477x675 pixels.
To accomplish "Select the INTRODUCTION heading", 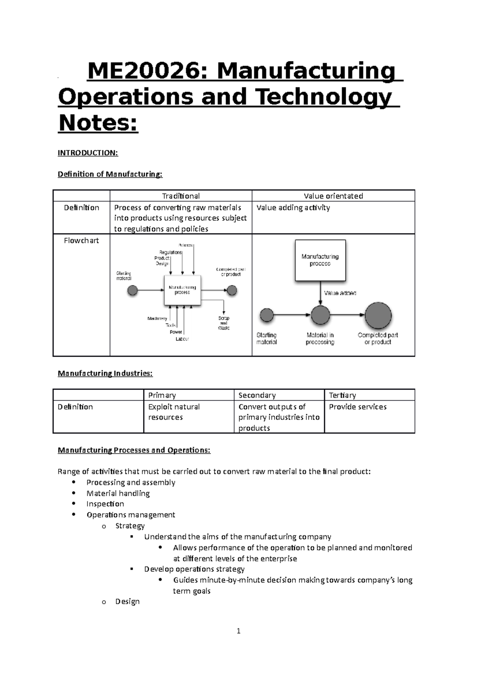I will pos(88,153).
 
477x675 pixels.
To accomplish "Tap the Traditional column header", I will pos(181,196).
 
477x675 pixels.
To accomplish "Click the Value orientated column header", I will pos(333,196).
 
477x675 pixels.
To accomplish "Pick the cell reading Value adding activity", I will pos(293,208).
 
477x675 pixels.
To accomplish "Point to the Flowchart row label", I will pos(81,241).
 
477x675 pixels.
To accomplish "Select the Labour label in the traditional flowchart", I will pos(182,339).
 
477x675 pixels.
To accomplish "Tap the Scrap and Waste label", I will pos(224,323).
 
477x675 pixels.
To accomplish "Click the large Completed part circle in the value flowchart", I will pos(378,316).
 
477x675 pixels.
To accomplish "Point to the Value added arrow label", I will pos(340,293).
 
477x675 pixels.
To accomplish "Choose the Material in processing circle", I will pos(320,315).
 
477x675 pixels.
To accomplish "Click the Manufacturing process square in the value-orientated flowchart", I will pos(320,260).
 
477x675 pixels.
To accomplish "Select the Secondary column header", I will pos(257,395).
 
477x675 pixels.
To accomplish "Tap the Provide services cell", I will pos(358,407).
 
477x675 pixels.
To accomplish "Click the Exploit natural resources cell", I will pos(174,412).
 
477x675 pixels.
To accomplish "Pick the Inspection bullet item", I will pos(105,504).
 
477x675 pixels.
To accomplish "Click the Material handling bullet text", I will pos(118,493).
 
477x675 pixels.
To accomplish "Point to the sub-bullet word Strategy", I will pos(130,526).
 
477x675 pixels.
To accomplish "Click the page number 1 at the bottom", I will pos(238,631).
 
